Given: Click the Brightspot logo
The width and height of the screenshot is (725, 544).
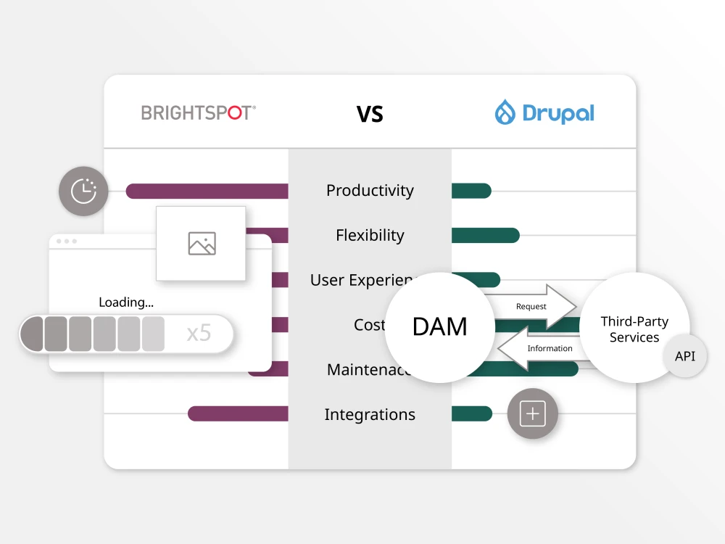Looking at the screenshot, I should point(198,113).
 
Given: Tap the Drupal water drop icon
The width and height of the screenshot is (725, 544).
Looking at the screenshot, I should point(505,113).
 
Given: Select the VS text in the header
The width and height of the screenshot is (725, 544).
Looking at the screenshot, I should point(370,114).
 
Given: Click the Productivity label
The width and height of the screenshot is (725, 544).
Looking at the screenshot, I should point(370,191).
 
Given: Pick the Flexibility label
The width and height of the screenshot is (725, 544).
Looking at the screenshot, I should point(370,236).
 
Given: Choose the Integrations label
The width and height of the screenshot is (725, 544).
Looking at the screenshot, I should point(370,415).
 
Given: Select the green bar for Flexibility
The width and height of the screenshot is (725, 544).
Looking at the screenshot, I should point(485,236).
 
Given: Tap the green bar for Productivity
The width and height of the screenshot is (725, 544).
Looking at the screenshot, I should point(471,191).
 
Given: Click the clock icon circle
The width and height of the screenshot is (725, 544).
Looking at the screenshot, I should point(83,191).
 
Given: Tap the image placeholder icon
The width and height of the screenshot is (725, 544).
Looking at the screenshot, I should point(202,244).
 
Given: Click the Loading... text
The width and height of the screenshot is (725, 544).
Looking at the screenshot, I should point(126,302).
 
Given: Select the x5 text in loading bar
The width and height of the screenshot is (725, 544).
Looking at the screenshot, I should point(199,334).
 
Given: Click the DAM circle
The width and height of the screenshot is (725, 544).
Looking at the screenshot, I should point(439,326).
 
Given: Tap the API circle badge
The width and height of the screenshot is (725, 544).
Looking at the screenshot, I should point(685,356).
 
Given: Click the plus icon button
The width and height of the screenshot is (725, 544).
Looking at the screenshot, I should point(533,414).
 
